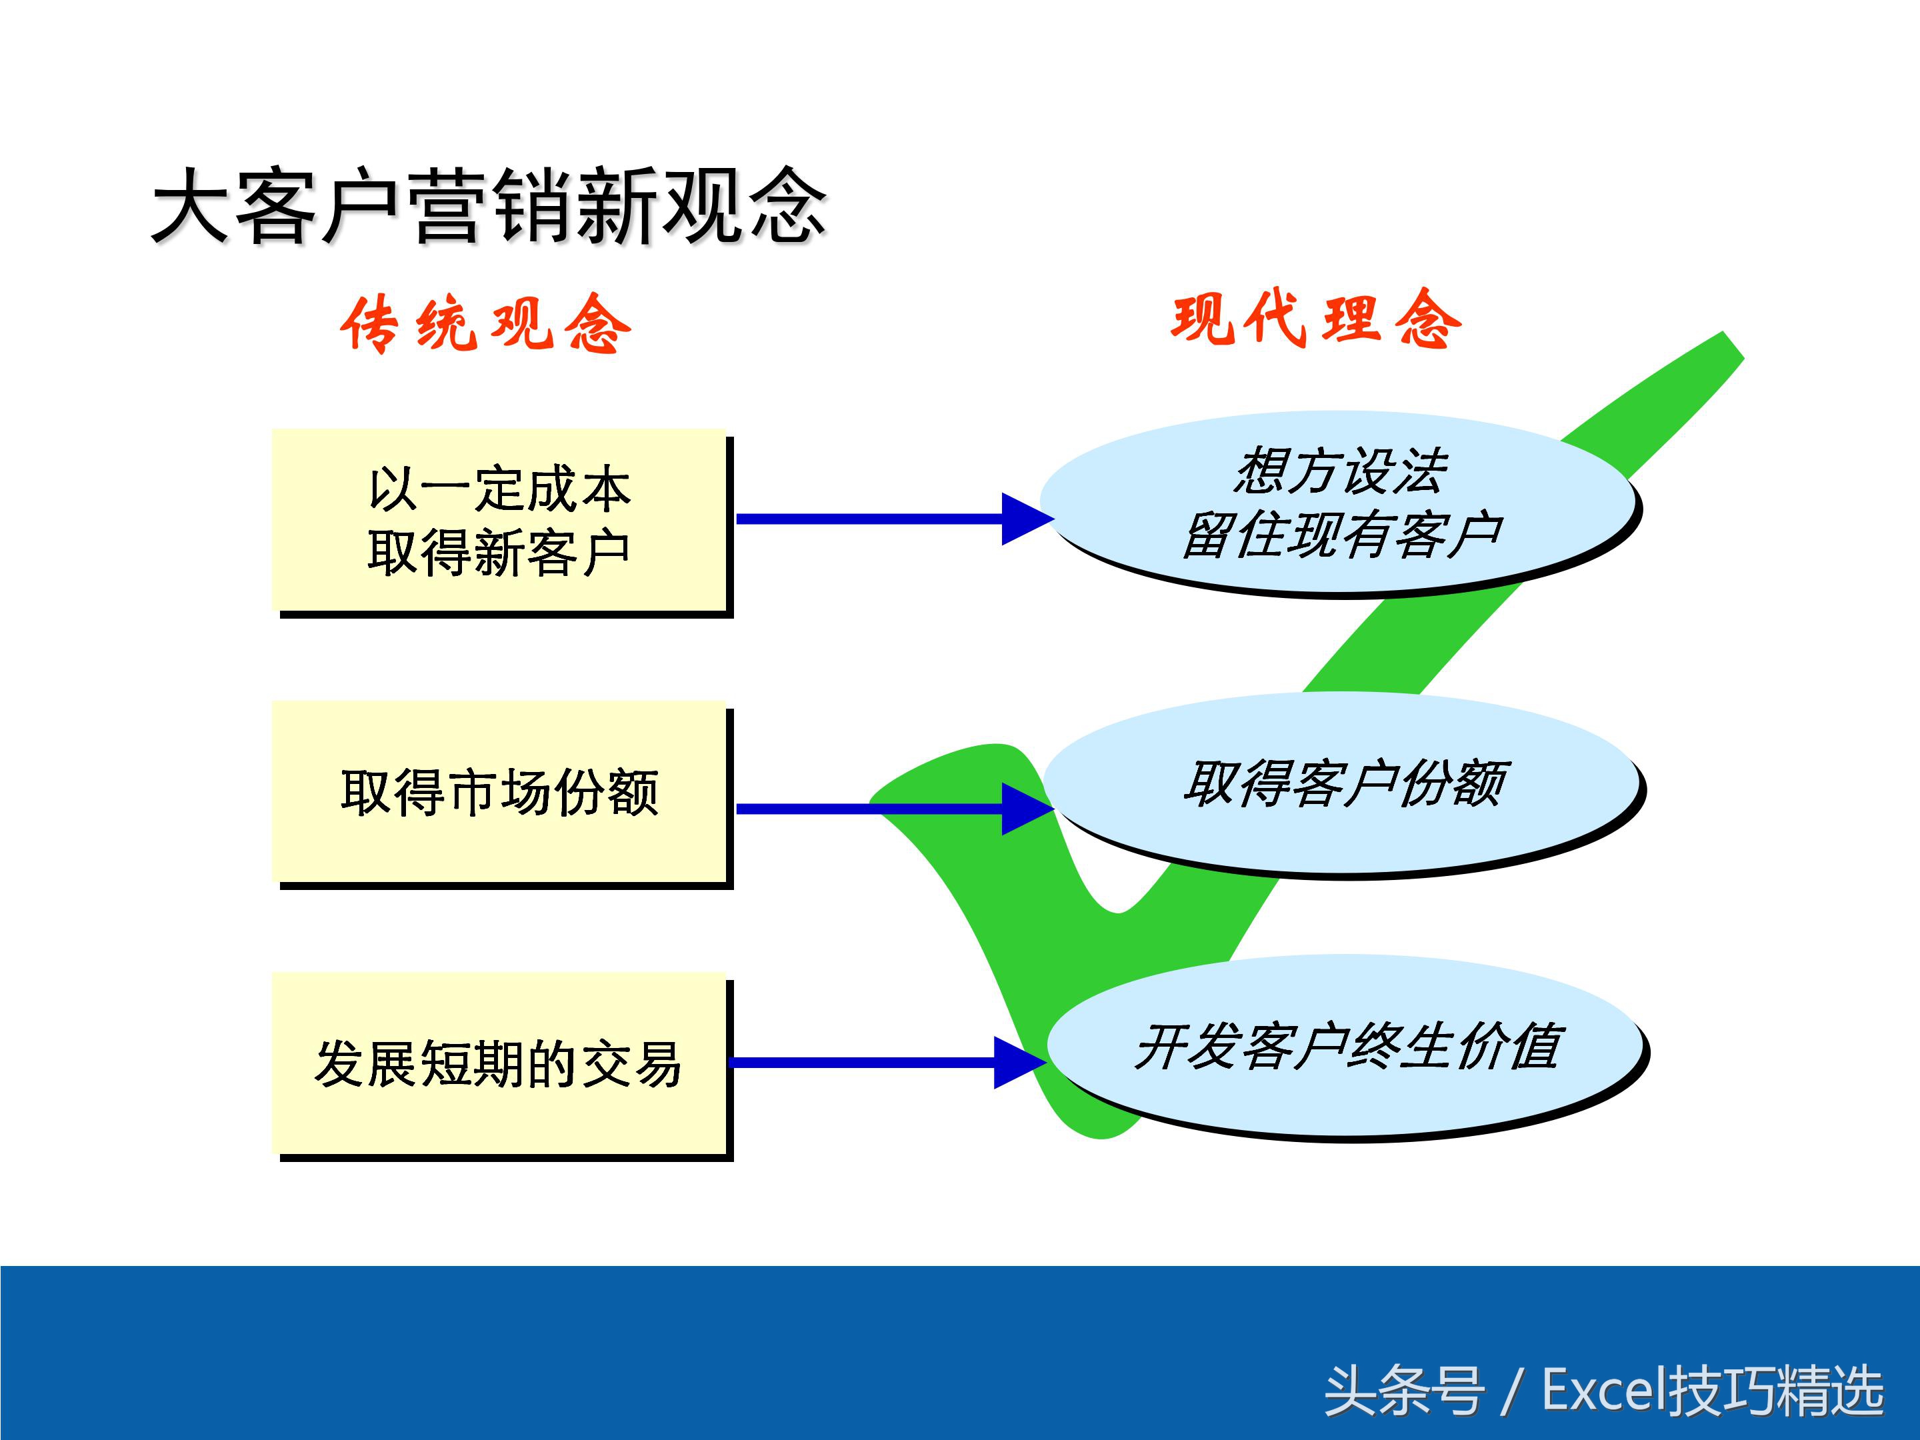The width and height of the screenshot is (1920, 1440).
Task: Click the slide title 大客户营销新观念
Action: click(488, 206)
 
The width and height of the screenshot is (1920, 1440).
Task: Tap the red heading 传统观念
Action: click(485, 324)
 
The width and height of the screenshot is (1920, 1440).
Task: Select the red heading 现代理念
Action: click(1316, 319)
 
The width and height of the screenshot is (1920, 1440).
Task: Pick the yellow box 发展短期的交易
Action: click(499, 1063)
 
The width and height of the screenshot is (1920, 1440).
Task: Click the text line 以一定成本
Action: click(499, 489)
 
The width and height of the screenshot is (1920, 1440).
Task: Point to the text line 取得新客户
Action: click(499, 553)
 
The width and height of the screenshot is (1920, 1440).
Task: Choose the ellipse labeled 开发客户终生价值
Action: click(1347, 1046)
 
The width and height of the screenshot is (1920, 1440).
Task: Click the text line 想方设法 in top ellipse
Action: click(1341, 471)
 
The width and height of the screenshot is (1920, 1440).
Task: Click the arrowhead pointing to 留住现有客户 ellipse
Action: click(1026, 519)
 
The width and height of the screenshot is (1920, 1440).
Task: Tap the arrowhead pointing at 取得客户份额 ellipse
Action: click(1026, 809)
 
